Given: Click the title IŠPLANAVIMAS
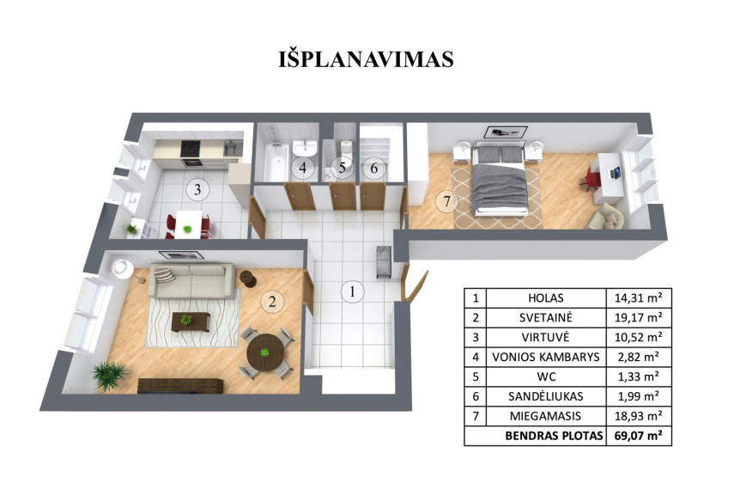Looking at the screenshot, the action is point(366,59).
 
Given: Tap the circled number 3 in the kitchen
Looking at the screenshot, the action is point(197,190).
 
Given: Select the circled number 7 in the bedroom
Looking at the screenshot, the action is point(446,202).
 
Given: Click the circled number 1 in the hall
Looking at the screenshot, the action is point(352,291).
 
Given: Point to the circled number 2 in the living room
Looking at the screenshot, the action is point(272,301).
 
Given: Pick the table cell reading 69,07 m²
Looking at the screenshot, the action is point(638,436).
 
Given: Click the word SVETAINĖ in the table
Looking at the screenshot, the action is point(546,318).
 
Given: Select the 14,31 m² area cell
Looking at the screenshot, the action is point(638,297).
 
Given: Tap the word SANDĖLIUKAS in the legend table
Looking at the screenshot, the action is point(546,396).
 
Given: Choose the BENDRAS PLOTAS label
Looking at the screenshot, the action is point(555,436).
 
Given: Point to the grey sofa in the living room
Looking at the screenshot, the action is point(191,280).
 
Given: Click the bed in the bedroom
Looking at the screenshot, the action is point(500,180).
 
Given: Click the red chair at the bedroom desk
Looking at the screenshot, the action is point(591,180).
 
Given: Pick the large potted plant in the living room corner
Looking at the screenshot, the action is point(109,376).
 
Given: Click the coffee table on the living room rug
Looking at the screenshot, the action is point(190,322).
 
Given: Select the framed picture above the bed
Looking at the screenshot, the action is point(506,132).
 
